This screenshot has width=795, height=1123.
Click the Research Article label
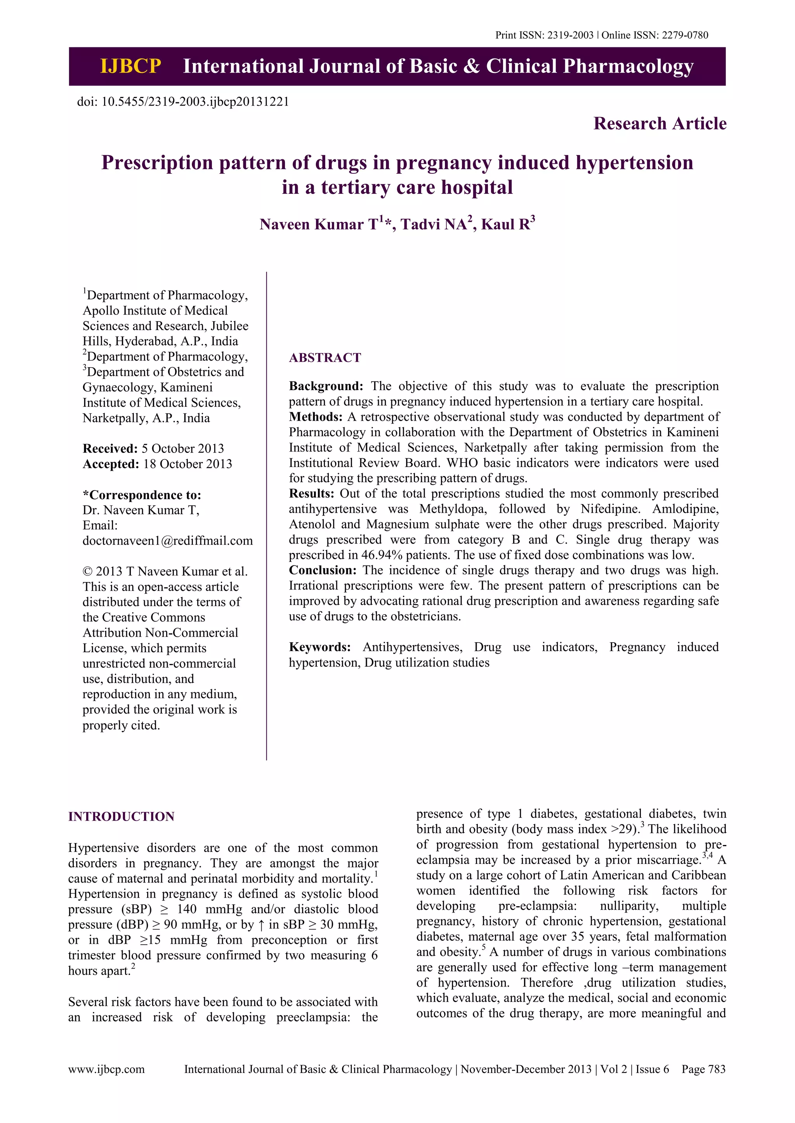pyautogui.click(x=660, y=124)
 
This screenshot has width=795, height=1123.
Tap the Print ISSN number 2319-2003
pyautogui.click(x=570, y=35)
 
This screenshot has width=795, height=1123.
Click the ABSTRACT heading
pyautogui.click(x=325, y=358)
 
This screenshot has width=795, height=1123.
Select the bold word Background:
pyautogui.click(x=326, y=386)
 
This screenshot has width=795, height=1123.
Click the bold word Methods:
pyautogui.click(x=316, y=417)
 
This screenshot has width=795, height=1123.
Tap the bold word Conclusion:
pyautogui.click(x=323, y=570)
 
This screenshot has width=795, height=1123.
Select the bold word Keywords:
pyautogui.click(x=319, y=647)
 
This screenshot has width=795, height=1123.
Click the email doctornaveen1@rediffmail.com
pyautogui.click(x=167, y=541)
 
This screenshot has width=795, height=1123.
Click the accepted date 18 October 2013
pyautogui.click(x=187, y=464)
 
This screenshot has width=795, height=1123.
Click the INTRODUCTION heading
pyautogui.click(x=121, y=816)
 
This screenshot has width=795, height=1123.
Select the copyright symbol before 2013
pyautogui.click(x=87, y=572)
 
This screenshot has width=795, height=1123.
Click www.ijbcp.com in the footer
pyautogui.click(x=106, y=1069)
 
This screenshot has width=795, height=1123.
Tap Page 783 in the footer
pyautogui.click(x=703, y=1069)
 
